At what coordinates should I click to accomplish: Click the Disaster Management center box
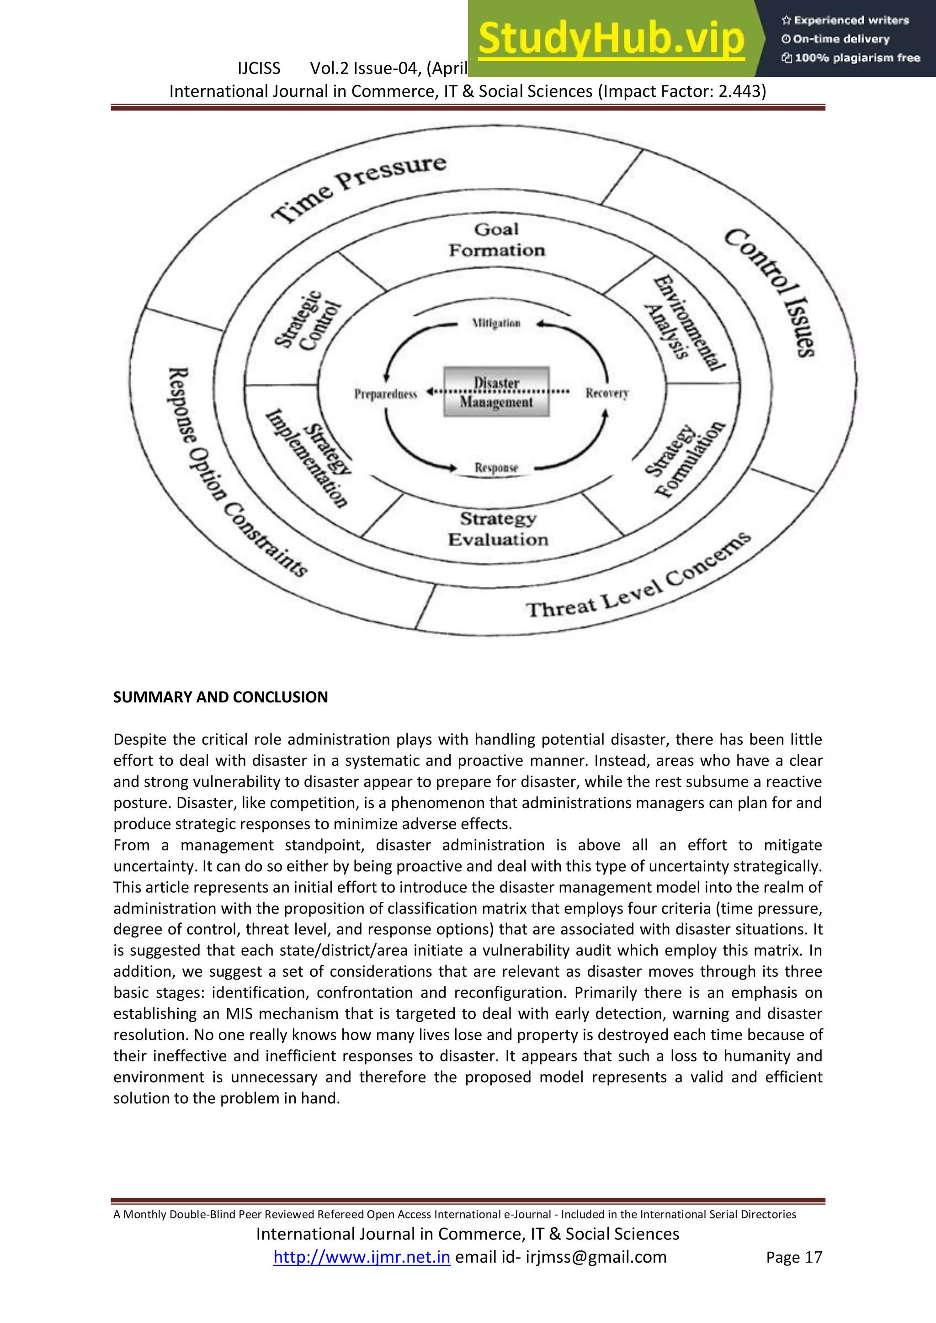(x=496, y=392)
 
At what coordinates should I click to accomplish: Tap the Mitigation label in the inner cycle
(x=496, y=323)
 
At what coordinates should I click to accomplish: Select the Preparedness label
(x=385, y=394)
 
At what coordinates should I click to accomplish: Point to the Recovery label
(x=606, y=393)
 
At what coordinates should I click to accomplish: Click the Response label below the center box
(x=496, y=467)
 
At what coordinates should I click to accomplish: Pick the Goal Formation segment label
(x=496, y=240)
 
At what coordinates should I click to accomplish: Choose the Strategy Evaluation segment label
(x=498, y=529)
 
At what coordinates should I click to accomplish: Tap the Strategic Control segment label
(x=308, y=321)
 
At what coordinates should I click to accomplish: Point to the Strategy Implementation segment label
(x=308, y=458)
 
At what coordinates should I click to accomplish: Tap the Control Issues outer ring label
(x=771, y=291)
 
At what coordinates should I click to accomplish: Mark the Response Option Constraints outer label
(x=236, y=473)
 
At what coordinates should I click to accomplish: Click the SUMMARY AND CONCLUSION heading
(x=220, y=697)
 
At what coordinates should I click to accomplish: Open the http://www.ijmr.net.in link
(x=362, y=1257)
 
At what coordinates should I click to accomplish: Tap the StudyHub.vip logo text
(x=612, y=39)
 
